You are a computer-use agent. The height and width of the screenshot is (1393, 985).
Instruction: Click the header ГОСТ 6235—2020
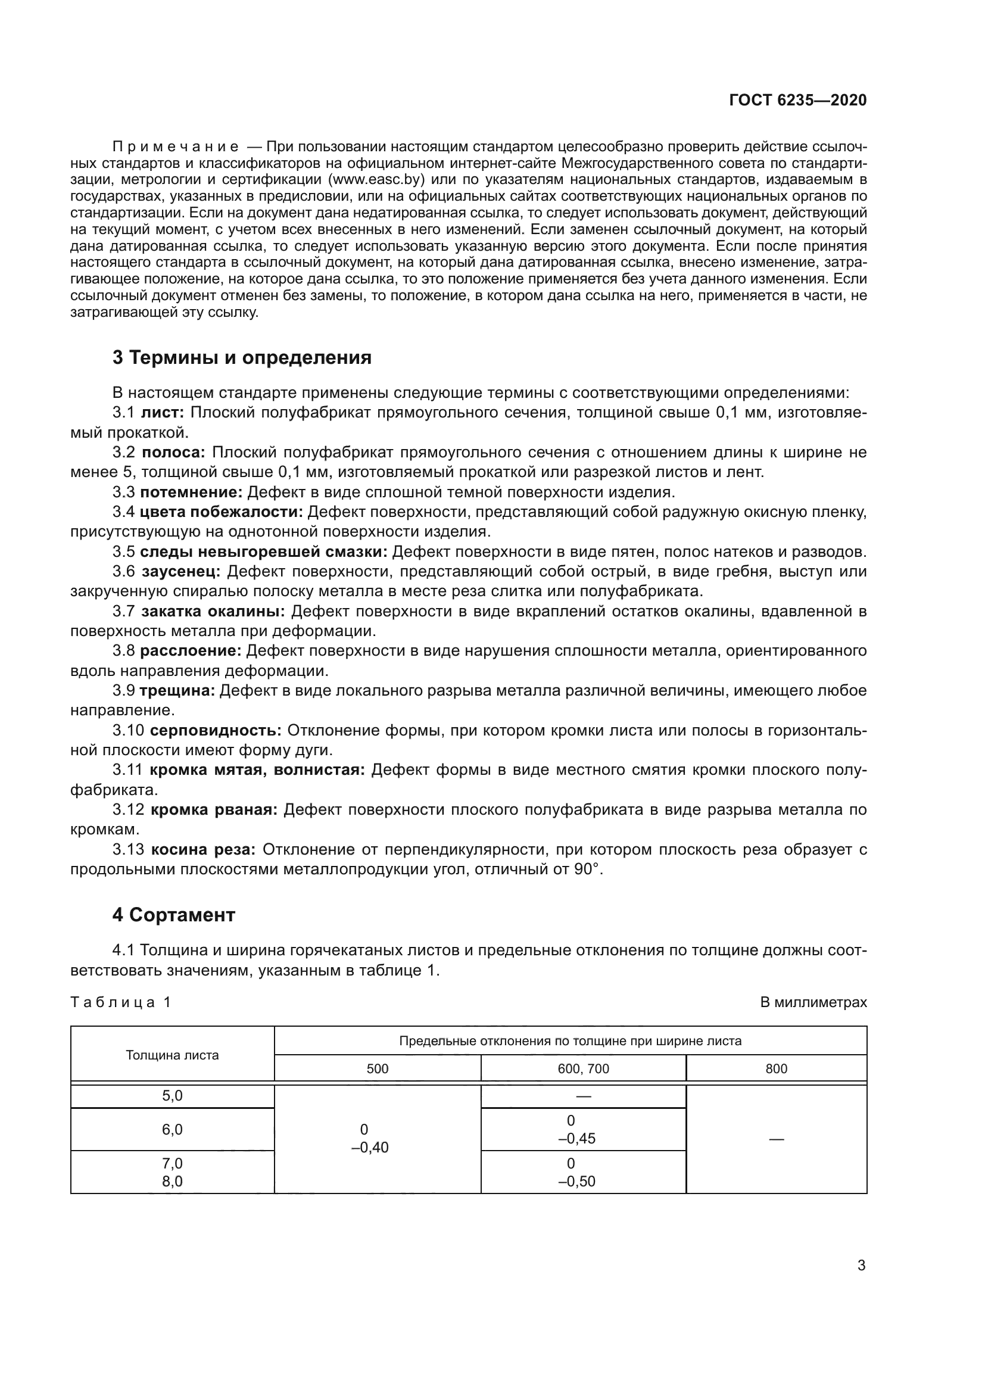click(797, 101)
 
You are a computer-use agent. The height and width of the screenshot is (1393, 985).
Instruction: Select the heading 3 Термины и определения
click(241, 358)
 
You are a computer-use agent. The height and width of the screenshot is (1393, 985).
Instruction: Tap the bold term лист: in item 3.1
click(163, 413)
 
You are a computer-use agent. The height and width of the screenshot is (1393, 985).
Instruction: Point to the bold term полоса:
click(174, 453)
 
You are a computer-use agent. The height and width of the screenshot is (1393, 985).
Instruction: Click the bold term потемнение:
click(191, 492)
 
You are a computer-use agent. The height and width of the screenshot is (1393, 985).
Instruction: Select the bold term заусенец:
click(182, 572)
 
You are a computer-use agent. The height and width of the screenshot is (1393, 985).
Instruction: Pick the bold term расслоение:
click(191, 651)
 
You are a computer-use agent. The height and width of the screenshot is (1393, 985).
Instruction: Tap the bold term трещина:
click(177, 690)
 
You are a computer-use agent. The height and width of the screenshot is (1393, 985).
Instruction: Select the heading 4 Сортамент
click(173, 915)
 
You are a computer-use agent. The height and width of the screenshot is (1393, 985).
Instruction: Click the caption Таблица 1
click(121, 1002)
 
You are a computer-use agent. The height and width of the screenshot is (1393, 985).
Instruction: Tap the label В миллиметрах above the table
click(813, 1002)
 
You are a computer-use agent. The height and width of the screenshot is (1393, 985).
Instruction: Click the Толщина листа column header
click(172, 1055)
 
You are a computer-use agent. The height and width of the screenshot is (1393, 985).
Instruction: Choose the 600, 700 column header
click(583, 1069)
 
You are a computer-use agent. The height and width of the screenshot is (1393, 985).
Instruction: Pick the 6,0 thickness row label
click(172, 1130)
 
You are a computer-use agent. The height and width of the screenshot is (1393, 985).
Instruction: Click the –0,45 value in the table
click(577, 1139)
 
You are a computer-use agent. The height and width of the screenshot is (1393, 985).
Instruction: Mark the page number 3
click(861, 1266)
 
